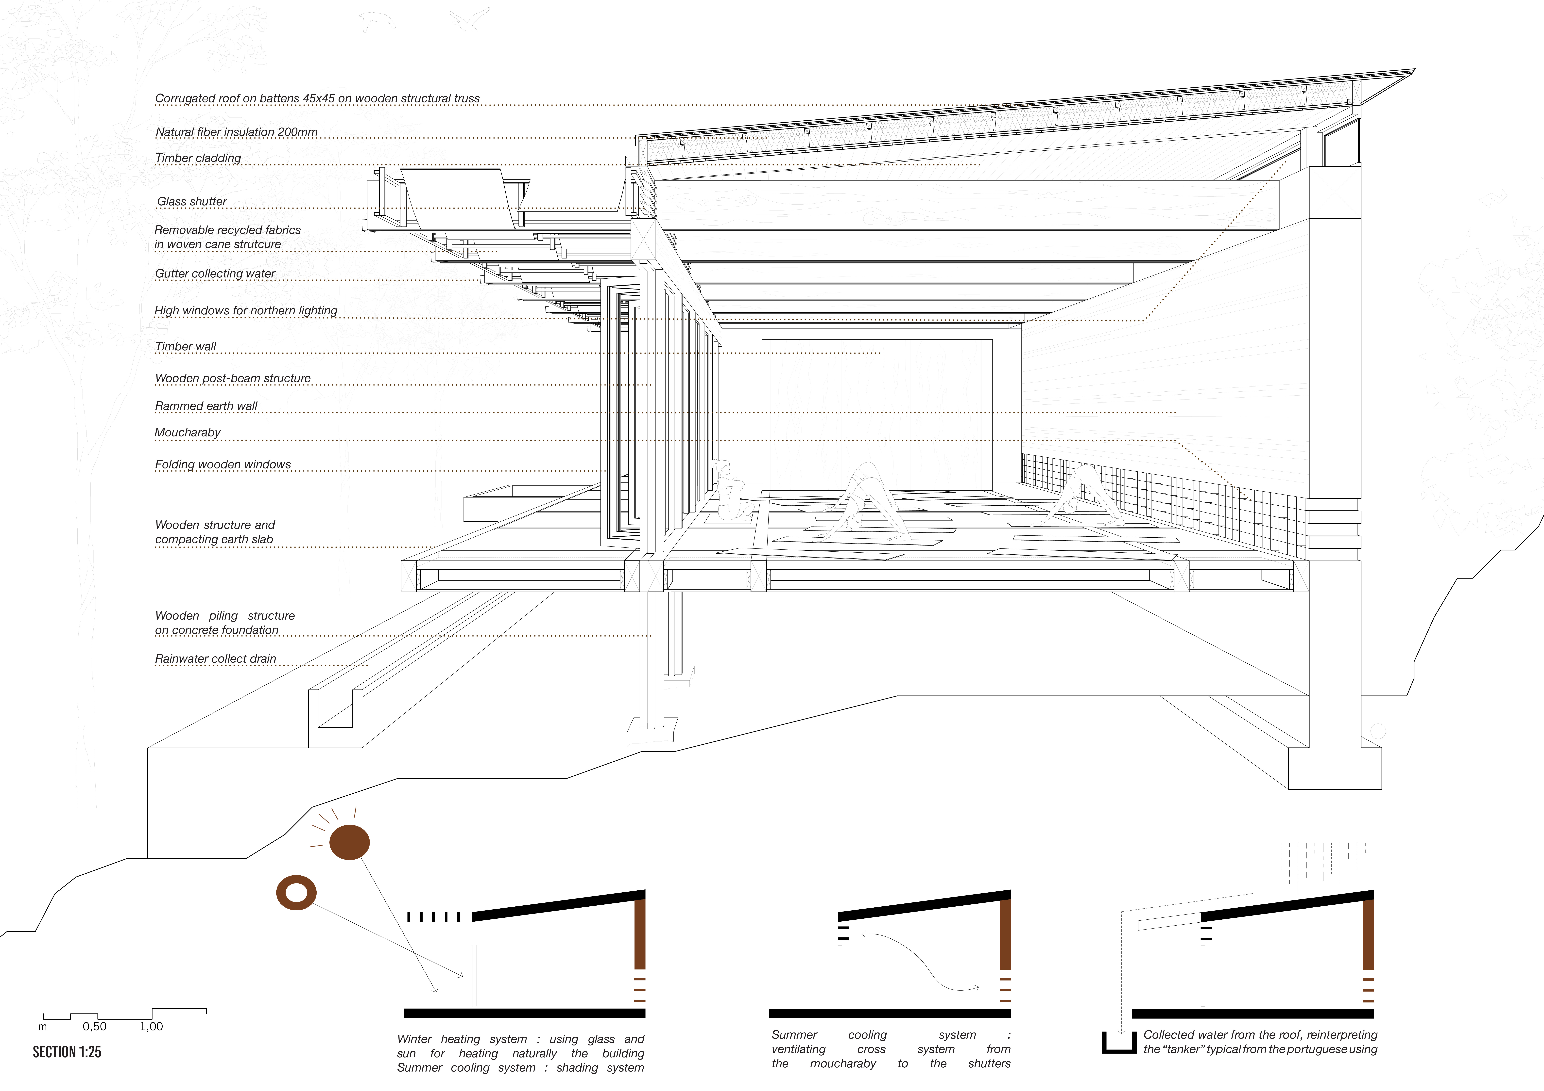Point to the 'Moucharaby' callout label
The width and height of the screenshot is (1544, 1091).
coord(188,432)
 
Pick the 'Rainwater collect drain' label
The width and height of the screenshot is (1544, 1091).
coord(215,659)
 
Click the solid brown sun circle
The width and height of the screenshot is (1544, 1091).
coord(350,842)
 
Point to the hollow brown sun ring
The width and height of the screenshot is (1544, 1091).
coord(297,893)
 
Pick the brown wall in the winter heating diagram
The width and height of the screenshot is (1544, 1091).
coord(639,934)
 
